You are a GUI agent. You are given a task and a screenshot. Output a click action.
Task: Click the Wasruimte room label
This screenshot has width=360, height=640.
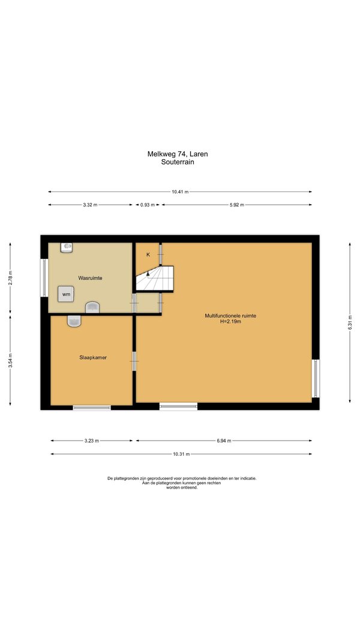coord(90,278)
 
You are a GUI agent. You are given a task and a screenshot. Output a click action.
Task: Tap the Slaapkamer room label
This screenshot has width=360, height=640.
coord(93,358)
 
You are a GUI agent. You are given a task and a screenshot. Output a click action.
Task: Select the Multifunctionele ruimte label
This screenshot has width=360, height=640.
coord(230,316)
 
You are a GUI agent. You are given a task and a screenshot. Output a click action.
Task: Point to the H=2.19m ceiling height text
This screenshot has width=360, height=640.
coord(230,321)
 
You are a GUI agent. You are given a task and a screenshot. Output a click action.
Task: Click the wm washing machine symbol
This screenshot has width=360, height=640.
coord(65,294)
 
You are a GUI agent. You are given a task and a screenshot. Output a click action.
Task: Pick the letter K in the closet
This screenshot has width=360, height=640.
coord(148,255)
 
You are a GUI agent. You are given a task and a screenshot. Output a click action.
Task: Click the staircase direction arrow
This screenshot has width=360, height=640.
coord(148,275)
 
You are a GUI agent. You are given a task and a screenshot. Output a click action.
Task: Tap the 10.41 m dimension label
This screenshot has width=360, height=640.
coord(180,192)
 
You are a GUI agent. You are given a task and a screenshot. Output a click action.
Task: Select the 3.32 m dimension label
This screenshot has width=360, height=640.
coord(90,205)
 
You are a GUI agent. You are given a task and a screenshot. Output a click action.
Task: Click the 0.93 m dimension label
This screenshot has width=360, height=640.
coord(148,205)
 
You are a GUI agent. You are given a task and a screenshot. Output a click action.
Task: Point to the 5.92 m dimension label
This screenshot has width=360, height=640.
coord(236,205)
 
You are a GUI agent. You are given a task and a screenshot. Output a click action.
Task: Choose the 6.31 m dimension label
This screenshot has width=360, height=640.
coord(350,322)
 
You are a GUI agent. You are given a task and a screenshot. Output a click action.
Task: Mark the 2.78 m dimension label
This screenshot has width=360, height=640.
coord(10,277)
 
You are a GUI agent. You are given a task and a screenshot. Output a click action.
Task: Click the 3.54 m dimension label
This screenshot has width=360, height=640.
coord(10,361)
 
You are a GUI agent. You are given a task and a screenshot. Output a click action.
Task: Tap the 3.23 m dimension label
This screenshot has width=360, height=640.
coord(91,441)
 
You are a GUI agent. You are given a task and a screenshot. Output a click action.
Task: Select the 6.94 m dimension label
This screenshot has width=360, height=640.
coord(224,441)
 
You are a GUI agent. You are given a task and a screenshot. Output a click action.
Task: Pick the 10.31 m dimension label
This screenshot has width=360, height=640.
coord(181,454)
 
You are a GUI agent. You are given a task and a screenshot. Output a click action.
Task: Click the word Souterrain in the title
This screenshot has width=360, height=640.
coord(178,162)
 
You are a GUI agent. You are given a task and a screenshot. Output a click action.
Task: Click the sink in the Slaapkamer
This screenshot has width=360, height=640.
coord(74,321)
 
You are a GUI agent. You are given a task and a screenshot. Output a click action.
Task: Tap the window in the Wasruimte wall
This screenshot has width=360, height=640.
coord(43,278)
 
